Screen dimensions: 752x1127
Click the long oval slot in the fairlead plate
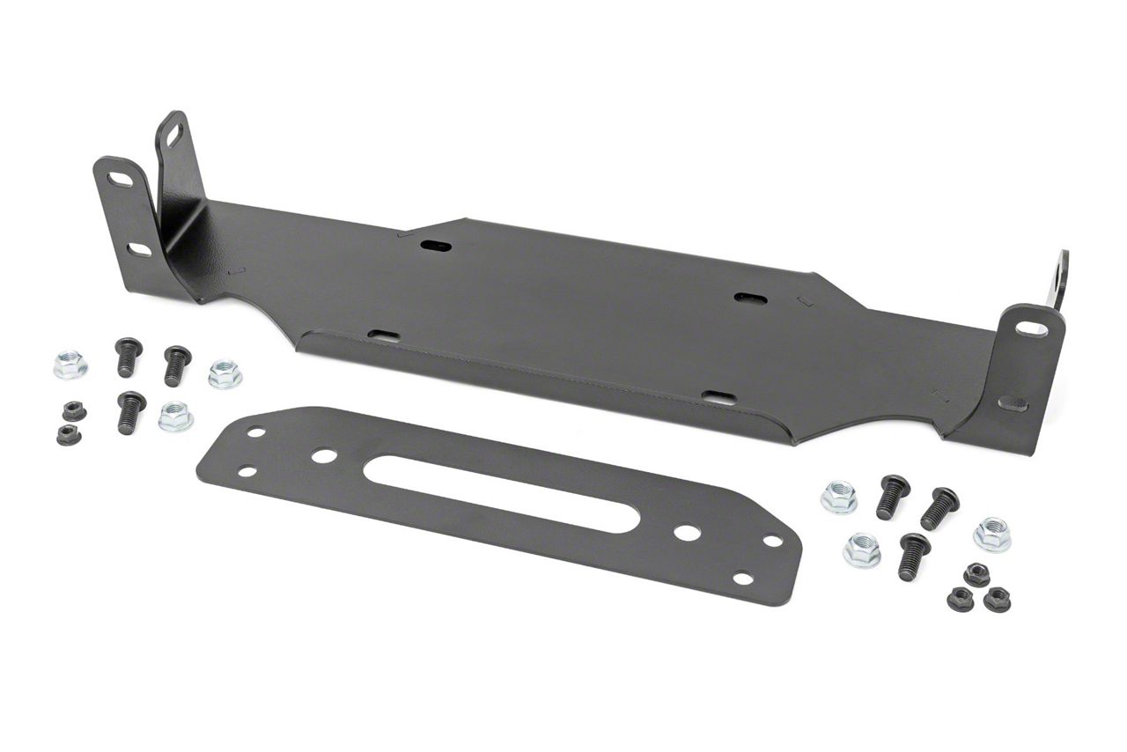(501, 494)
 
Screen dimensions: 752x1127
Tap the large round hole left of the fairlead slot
(324, 456)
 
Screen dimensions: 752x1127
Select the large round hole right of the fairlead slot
(687, 533)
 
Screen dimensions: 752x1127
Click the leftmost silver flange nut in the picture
(70, 365)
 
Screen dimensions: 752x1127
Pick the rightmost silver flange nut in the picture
(991, 535)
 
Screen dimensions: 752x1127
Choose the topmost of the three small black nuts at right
(976, 575)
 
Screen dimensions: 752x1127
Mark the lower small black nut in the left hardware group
(69, 434)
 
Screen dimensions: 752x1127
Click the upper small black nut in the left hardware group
(74, 411)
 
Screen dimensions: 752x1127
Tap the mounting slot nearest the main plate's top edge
(435, 246)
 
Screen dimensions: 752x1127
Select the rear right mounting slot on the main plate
(750, 299)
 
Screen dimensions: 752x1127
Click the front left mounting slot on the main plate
(384, 335)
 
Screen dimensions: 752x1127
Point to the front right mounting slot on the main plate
(720, 397)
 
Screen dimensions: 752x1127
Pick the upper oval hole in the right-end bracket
(1031, 328)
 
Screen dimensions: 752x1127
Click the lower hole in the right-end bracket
(1013, 404)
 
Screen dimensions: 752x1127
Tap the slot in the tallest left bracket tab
(173, 135)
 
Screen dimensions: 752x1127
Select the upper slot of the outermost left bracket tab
(121, 180)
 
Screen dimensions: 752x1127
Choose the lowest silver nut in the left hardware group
(175, 417)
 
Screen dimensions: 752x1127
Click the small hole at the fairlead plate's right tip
(773, 542)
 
